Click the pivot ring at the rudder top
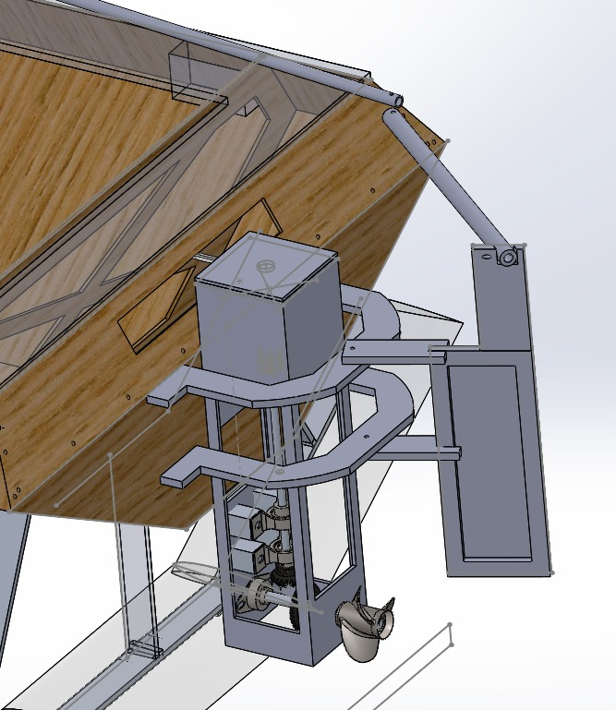click(x=506, y=255)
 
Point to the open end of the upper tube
click(x=395, y=97)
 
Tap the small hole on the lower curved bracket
click(x=367, y=439)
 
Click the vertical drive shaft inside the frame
click(x=281, y=536)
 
